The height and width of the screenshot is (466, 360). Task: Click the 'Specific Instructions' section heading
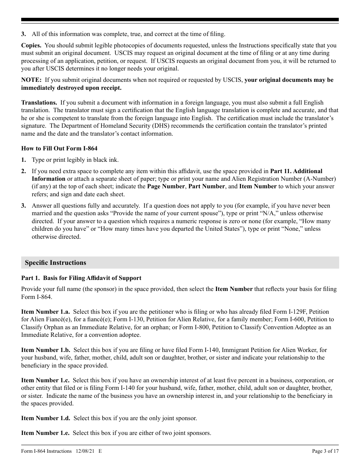(55, 263)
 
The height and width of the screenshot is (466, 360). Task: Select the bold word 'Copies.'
(31, 45)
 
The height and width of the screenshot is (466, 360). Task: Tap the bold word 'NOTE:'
(31, 80)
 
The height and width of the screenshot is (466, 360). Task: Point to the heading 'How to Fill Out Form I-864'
(59, 148)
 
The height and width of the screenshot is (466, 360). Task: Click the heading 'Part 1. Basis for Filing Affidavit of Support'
(81, 278)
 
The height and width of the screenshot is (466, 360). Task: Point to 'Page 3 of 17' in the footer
(325, 451)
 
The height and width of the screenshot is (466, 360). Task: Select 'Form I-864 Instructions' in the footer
(46, 451)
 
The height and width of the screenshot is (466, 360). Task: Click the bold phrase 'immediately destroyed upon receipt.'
(71, 88)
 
